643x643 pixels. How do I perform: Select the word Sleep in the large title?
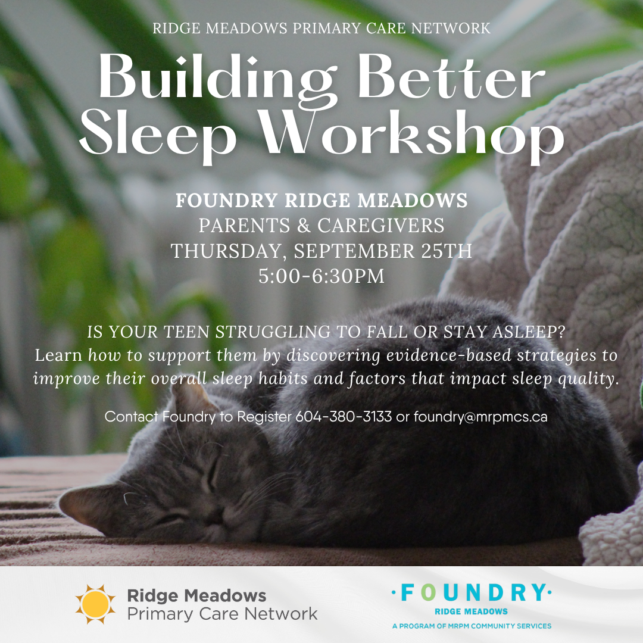(x=158, y=135)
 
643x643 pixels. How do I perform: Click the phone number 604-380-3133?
(x=344, y=417)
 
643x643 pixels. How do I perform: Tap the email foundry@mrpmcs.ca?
(x=480, y=417)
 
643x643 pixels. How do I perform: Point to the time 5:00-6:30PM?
(x=321, y=276)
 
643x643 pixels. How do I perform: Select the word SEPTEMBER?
(x=354, y=251)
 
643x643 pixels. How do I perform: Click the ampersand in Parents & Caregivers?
(x=304, y=226)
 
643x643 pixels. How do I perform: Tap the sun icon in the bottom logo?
(x=95, y=604)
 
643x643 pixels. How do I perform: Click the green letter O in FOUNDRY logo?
(x=428, y=593)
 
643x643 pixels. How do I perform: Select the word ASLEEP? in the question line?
(x=529, y=332)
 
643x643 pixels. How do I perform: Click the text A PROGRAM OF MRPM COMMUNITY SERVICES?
(x=472, y=626)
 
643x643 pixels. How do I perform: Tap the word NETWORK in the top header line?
(x=451, y=29)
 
